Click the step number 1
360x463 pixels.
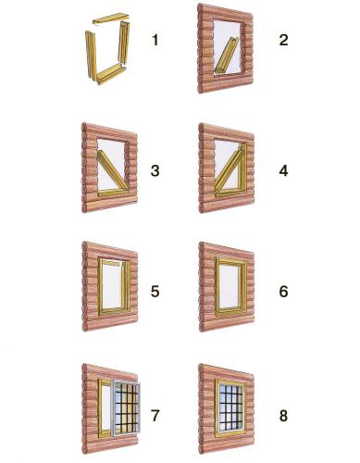pos(155,41)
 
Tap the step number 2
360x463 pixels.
pos(283,41)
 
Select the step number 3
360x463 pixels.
pos(155,171)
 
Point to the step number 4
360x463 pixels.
pos(283,171)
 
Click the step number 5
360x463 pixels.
pos(155,292)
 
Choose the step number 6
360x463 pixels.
pos(283,292)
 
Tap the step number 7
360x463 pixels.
pos(155,416)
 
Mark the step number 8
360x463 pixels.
pos(283,416)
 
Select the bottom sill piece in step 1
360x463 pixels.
pos(112,74)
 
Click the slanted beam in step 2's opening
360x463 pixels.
pos(227,56)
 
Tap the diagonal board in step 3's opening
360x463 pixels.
pos(113,169)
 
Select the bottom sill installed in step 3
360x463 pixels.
pos(114,193)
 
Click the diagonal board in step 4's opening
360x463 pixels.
pos(230,170)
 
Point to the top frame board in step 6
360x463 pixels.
pos(230,261)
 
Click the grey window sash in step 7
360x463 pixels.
pos(126,408)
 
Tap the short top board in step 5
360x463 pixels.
pos(111,263)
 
